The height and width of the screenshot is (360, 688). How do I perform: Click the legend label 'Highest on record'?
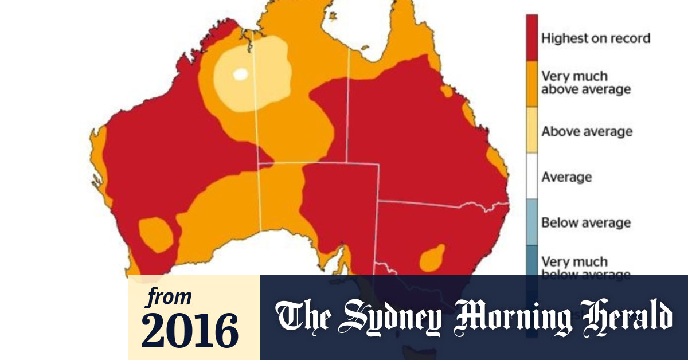596,38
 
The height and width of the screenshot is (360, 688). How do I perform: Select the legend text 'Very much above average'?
585,83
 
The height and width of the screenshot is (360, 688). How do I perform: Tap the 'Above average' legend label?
587,131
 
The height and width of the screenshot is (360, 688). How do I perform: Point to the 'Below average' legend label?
586,222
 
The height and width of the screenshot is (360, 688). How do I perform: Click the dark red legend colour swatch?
531,38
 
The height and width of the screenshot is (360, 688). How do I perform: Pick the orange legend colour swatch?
531,83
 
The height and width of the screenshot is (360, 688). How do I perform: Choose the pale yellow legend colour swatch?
531,131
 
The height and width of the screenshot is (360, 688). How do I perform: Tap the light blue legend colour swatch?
531,222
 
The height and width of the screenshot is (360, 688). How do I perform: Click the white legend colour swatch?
531,177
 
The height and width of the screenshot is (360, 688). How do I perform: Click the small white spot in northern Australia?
240,74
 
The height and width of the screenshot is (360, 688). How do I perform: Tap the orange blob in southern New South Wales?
432,258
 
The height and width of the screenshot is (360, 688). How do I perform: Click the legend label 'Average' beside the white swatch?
566,177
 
